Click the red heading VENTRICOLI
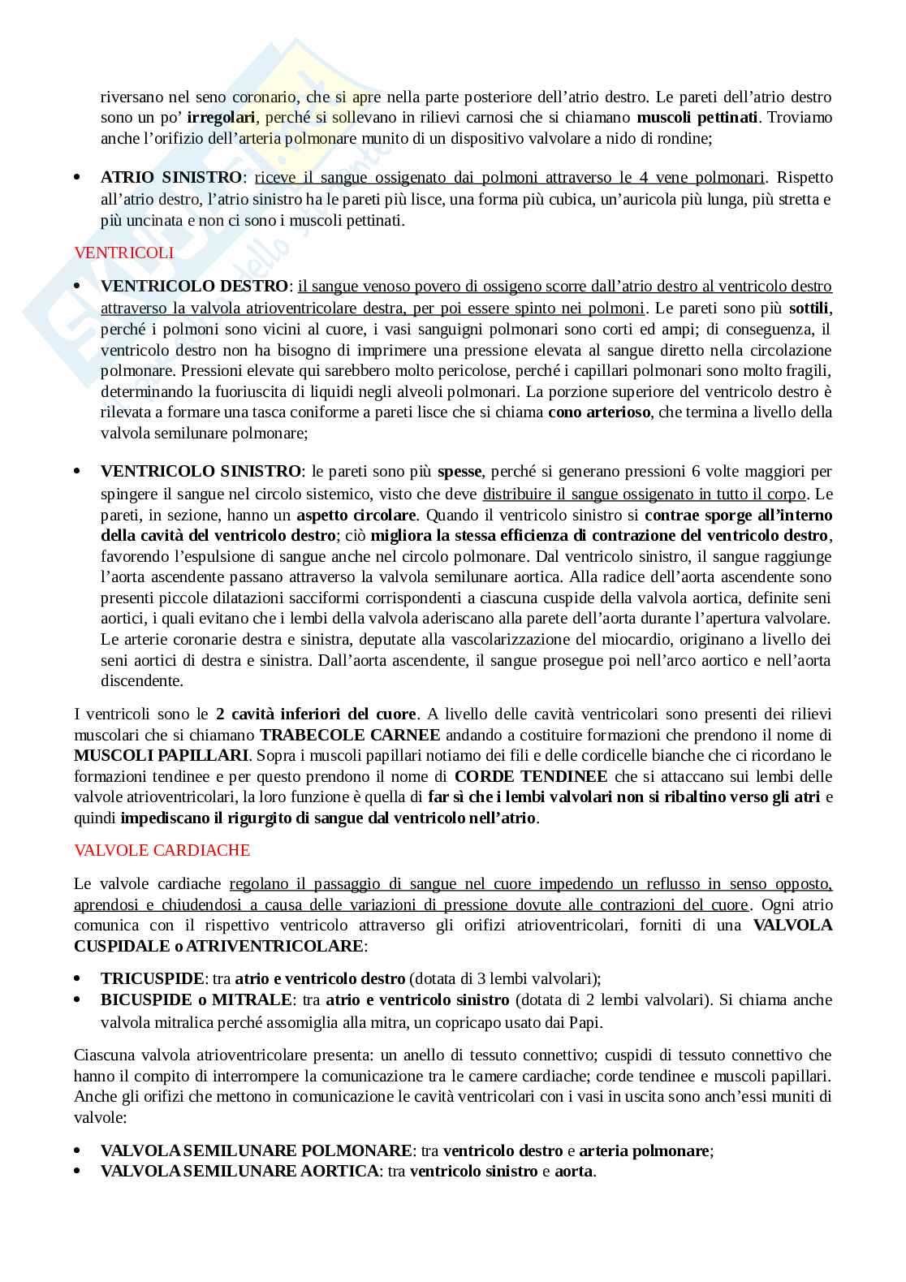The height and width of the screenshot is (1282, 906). pyautogui.click(x=123, y=253)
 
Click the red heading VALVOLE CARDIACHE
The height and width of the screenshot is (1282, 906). pyautogui.click(x=162, y=850)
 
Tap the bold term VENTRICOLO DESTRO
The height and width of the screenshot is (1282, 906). pyautogui.click(x=194, y=287)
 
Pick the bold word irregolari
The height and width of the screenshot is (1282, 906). pyautogui.click(x=222, y=118)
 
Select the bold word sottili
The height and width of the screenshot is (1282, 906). pyautogui.click(x=809, y=309)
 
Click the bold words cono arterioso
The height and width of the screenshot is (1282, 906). pyautogui.click(x=599, y=412)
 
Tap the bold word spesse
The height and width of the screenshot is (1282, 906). pyautogui.click(x=459, y=472)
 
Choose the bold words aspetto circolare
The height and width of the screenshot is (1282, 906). pyautogui.click(x=356, y=516)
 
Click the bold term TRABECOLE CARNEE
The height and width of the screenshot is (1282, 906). pyautogui.click(x=350, y=736)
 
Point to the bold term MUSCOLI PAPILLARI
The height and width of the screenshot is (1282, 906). pyautogui.click(x=161, y=756)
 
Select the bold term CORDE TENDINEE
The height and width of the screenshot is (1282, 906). pyautogui.click(x=531, y=776)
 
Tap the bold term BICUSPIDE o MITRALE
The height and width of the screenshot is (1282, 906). pyautogui.click(x=196, y=1000)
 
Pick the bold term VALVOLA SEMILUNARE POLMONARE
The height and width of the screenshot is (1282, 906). pyautogui.click(x=256, y=1151)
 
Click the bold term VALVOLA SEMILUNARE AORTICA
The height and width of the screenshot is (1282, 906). pyautogui.click(x=239, y=1172)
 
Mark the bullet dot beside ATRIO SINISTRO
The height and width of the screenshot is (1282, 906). pyautogui.click(x=78, y=178)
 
